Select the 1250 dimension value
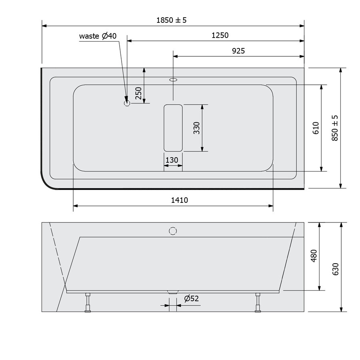(x=220, y=35)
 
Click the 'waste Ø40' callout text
(x=98, y=36)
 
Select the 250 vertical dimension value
(x=138, y=93)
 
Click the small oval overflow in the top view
(x=173, y=80)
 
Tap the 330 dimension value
(x=196, y=128)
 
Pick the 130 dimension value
(x=172, y=160)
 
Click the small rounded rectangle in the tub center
(x=173, y=128)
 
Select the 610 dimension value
(x=316, y=128)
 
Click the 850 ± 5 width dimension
(x=335, y=128)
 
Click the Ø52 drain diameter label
(x=192, y=298)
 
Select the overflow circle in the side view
(x=173, y=231)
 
